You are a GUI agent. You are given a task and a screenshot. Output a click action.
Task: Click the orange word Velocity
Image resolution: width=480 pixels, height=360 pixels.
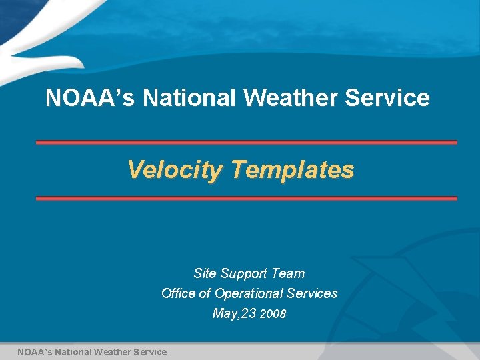pyautogui.click(x=175, y=170)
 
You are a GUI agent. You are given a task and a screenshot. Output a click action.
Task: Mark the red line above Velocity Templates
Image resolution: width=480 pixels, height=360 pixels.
pyautogui.click(x=246, y=143)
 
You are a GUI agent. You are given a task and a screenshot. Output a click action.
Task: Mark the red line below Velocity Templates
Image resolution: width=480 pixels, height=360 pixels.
pyautogui.click(x=246, y=199)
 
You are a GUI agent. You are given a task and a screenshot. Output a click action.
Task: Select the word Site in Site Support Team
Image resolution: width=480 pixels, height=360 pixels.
pyautogui.click(x=205, y=273)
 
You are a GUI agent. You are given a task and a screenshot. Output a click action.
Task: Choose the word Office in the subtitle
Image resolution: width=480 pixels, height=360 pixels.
pyautogui.click(x=179, y=293)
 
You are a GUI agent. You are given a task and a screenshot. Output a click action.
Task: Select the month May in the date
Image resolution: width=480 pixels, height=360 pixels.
pyautogui.click(x=224, y=313)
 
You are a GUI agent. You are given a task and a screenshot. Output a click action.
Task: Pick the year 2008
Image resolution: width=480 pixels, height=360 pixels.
pyautogui.click(x=273, y=314)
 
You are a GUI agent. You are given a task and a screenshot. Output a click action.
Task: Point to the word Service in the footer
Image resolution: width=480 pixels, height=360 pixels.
pyautogui.click(x=151, y=351)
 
